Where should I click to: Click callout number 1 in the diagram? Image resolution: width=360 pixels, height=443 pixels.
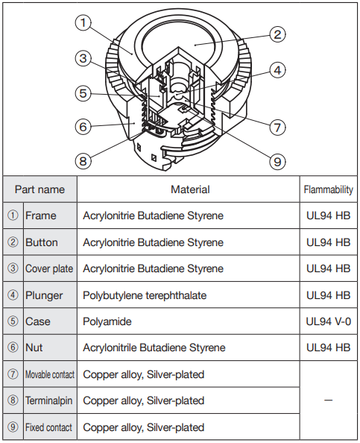pos(83,22)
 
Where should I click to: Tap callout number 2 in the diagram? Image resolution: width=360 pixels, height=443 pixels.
pos(277,34)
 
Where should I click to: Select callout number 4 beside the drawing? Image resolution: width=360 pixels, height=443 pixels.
pos(277,70)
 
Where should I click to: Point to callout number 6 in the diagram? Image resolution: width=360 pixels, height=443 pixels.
pos(83,126)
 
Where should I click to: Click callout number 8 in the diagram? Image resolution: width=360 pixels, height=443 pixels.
pos(83,161)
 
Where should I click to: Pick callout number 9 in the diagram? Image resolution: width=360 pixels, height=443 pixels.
pos(277,162)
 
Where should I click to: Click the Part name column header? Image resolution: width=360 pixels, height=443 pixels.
pos(40,189)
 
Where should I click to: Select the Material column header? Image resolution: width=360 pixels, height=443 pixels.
pos(190,189)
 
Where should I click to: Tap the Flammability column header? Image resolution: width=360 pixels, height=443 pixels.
pos(329,189)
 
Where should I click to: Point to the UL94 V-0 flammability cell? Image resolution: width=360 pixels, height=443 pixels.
pos(329,321)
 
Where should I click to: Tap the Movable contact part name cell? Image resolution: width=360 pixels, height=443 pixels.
pos(50,374)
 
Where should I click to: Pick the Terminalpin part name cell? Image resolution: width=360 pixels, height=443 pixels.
pos(49,400)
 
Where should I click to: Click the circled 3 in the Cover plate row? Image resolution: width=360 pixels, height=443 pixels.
pos(13,268)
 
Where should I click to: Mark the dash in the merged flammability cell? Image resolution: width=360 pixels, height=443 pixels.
pos(329,400)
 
